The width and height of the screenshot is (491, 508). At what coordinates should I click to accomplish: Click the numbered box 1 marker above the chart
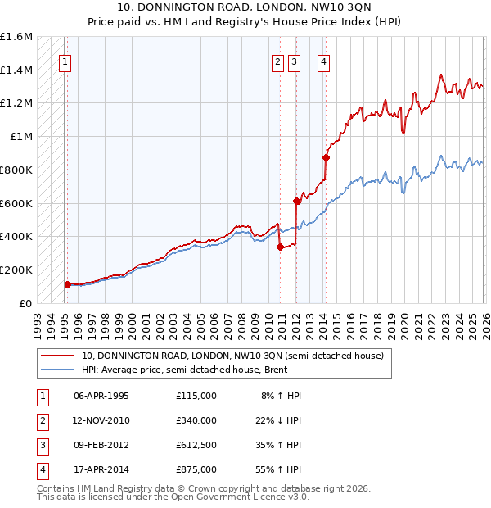[64, 61]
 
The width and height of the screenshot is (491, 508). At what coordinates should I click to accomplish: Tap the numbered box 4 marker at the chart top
[325, 61]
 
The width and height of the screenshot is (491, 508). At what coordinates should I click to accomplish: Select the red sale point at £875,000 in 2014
[326, 157]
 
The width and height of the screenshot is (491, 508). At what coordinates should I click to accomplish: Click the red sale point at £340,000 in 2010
[280, 246]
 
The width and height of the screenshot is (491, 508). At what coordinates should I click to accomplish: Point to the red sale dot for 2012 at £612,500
[296, 201]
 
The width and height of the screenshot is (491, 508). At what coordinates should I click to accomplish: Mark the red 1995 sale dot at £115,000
[67, 284]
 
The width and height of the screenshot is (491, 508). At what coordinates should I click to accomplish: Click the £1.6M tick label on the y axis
[16, 37]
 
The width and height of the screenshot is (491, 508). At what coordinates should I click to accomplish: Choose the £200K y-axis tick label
[16, 270]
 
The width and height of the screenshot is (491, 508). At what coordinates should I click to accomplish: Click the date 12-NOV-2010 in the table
[101, 420]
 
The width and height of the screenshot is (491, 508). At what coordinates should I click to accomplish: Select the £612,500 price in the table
[196, 445]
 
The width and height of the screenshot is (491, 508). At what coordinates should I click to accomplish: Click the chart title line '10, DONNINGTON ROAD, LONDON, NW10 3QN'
[245, 7]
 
